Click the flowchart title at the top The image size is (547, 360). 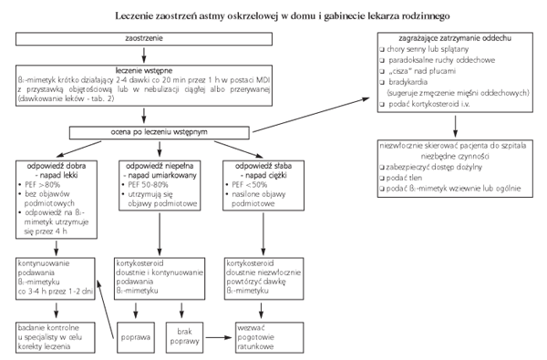coord(283,16)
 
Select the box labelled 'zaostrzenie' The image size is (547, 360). coord(144,38)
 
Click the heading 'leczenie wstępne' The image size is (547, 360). coord(144,70)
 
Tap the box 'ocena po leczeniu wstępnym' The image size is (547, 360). coord(159,132)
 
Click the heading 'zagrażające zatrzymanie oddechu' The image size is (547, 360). coord(455,38)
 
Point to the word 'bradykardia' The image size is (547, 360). coord(408,82)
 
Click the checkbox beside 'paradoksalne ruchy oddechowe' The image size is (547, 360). coord(382,61)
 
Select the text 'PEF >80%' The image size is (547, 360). coord(42,185)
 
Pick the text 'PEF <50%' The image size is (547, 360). coord(250,185)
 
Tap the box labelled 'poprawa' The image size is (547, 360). coord(136,338)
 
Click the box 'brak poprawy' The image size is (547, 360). coord(184,338)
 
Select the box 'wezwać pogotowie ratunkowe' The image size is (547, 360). coord(269,338)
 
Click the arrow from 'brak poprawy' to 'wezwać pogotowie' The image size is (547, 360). coord(219,337)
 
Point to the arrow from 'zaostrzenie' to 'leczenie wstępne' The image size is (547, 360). coord(144,55)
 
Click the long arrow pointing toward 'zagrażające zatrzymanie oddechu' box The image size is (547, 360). coord(311,115)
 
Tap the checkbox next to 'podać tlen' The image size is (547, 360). coord(382,179)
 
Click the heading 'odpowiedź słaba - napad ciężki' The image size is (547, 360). coord(263,170)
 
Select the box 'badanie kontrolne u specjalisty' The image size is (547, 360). coord(56,338)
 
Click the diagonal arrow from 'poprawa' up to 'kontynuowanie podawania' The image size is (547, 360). coord(105,309)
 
